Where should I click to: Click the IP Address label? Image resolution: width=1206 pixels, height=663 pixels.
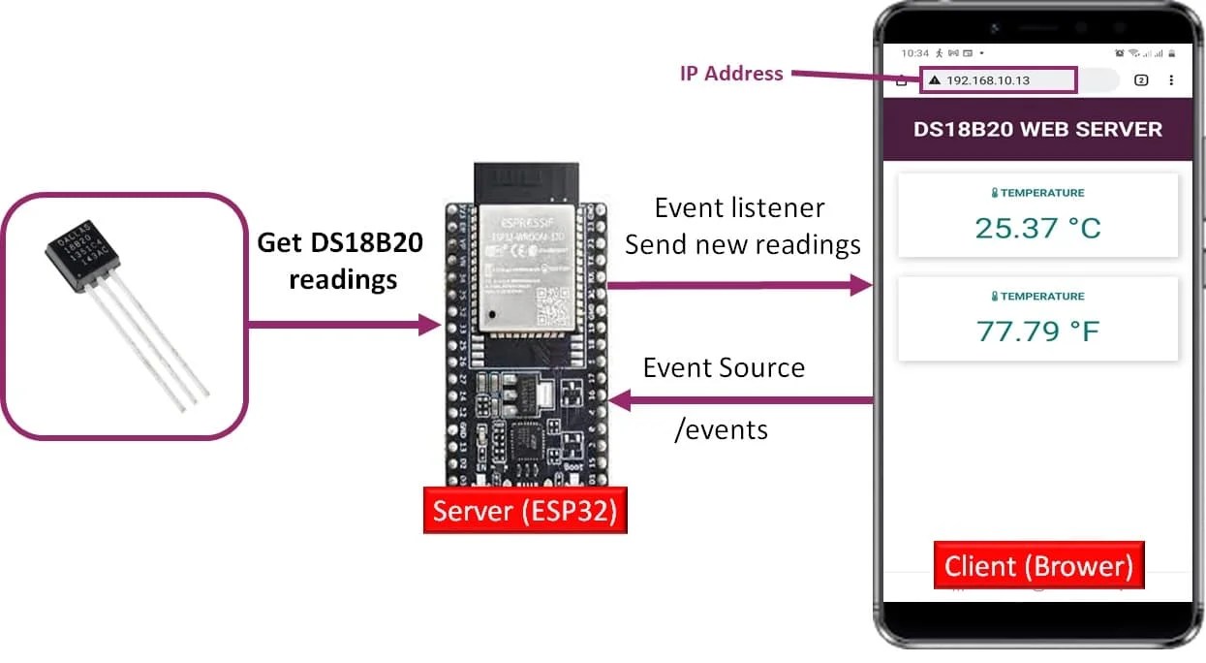731,74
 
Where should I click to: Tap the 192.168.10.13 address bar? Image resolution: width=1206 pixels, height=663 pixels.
998,80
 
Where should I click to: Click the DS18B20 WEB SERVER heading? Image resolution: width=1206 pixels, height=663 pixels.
1037,130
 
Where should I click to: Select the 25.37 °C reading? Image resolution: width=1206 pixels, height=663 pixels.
1037,228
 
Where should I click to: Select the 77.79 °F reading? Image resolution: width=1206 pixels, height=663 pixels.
1037,331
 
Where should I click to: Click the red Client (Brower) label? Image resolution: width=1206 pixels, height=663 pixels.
1038,565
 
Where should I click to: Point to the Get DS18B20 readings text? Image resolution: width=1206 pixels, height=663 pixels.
340,261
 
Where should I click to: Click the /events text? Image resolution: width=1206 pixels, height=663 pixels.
721,429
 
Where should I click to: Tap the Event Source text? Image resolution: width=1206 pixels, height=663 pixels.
724,368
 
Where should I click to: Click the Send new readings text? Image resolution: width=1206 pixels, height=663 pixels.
742,245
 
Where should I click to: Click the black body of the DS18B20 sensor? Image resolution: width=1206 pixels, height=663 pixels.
85,256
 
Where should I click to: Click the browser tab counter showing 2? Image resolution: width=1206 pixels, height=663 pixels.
1141,80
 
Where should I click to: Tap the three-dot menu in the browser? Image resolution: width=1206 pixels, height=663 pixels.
1171,80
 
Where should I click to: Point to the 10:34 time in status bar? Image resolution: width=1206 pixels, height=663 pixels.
914,52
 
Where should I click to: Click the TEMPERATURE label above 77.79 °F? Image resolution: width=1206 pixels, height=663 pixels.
1037,297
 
